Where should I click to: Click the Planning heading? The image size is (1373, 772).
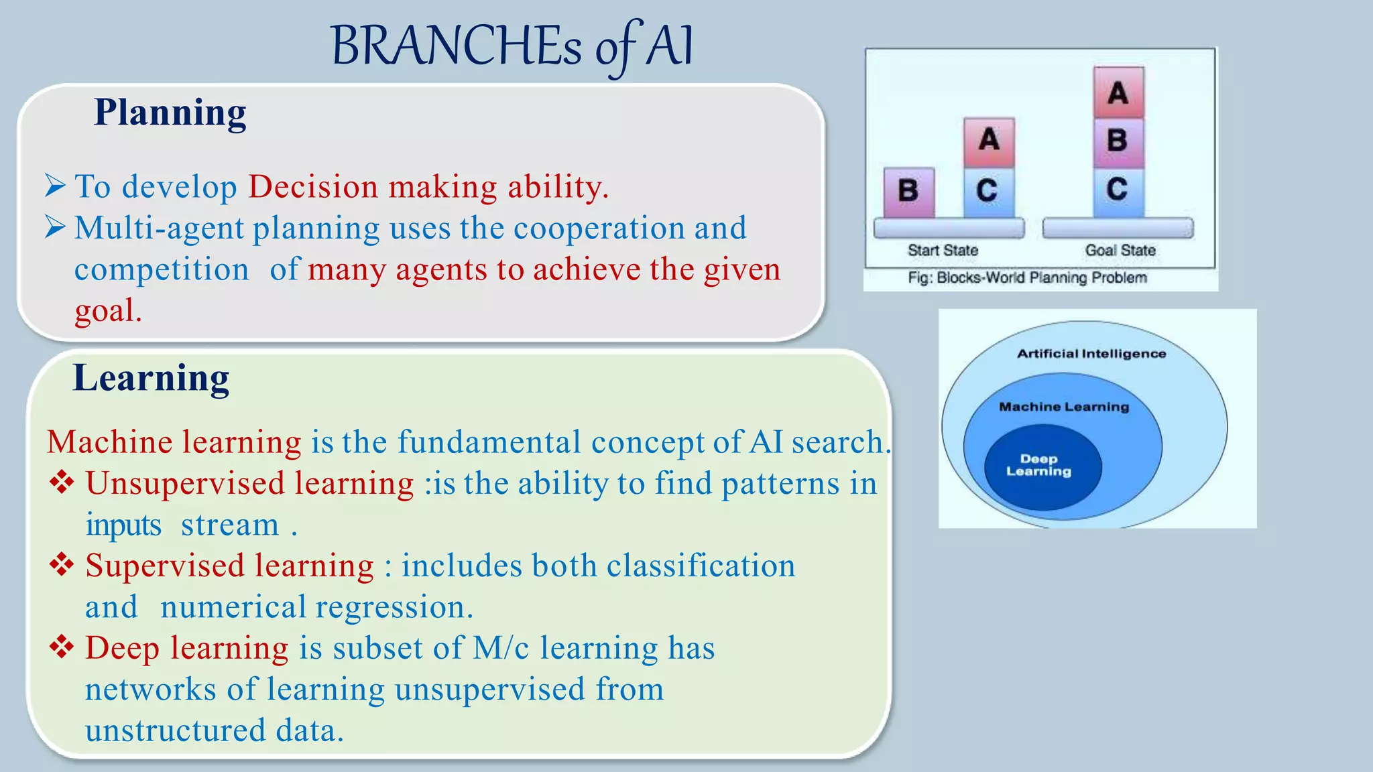[x=170, y=113]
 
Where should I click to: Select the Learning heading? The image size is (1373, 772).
[x=151, y=378]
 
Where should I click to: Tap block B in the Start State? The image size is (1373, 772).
[x=908, y=192]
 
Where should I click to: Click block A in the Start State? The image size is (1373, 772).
[x=989, y=141]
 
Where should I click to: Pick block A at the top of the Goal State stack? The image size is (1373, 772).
[x=1118, y=92]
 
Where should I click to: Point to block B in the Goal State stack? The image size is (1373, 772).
[x=1118, y=141]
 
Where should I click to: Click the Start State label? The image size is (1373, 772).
[x=943, y=251]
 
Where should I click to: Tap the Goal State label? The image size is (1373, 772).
[x=1120, y=251]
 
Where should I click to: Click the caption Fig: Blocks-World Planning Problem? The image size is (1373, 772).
[x=1027, y=277]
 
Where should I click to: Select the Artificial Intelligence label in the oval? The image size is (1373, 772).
[x=1091, y=354]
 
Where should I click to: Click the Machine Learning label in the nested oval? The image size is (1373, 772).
[x=1064, y=407]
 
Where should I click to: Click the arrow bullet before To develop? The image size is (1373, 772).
[x=55, y=186]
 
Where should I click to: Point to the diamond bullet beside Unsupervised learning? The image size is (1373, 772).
[x=62, y=482]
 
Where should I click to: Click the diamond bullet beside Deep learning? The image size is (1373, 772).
[x=62, y=647]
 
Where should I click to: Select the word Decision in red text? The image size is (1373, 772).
[x=313, y=186]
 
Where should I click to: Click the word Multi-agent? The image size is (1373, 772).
[x=159, y=228]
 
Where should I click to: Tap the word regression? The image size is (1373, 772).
[x=394, y=607]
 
